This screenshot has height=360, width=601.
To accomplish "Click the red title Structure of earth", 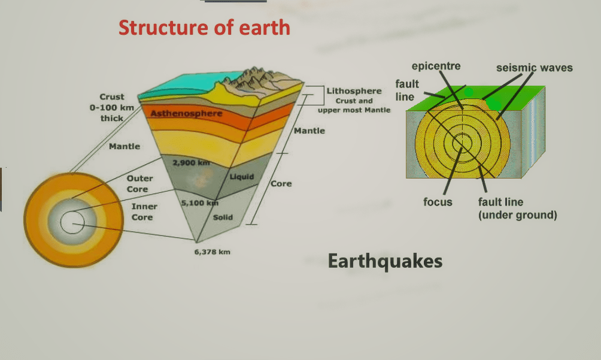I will [x=204, y=28].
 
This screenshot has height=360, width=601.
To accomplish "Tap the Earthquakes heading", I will [x=385, y=261].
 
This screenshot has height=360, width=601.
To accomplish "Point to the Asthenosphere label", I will [x=186, y=113].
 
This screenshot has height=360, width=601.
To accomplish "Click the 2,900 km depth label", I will [x=190, y=163].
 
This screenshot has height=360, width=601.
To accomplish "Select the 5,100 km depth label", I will [x=199, y=203].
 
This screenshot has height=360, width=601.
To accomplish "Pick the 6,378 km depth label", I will [x=212, y=252].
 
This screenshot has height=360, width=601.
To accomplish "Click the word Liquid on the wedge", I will [x=242, y=177].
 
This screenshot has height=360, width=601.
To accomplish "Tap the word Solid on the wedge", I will [x=223, y=217].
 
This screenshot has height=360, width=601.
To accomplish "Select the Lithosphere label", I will [x=354, y=91].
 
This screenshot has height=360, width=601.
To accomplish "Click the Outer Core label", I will [x=140, y=183].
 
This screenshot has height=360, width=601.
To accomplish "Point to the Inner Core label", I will [x=144, y=211].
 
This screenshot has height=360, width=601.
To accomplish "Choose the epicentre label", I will [x=436, y=66].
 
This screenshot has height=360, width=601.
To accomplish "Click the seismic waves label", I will [x=534, y=68].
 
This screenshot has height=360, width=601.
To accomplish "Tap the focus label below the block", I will [x=438, y=202].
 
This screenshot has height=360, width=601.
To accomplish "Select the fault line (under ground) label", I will [x=517, y=208].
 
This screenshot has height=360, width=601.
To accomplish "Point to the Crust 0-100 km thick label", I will [x=112, y=107].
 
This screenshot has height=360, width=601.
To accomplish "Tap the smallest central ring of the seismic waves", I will [x=462, y=143].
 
